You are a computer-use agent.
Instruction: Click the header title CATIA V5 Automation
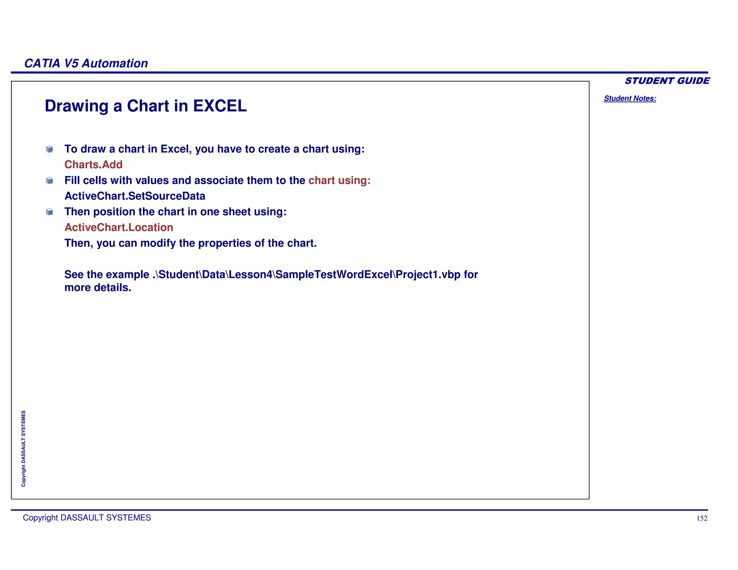tap(86, 63)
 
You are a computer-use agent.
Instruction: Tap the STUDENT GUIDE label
tap(667, 81)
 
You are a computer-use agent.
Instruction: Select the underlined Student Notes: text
tap(630, 98)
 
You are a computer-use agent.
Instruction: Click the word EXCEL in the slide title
tap(220, 106)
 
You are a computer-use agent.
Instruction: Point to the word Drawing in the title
tap(76, 106)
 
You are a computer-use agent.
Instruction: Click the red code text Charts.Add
tap(93, 165)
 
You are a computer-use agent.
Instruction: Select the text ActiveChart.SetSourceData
tap(135, 196)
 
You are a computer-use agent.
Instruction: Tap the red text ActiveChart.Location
tap(119, 227)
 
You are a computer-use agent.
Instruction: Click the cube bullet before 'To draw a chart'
tap(50, 149)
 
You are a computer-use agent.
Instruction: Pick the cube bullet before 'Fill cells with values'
tap(50, 181)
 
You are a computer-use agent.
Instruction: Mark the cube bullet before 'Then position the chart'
tap(50, 212)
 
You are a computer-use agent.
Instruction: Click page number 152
tap(702, 518)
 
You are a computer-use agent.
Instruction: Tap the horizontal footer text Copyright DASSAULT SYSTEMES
tap(87, 518)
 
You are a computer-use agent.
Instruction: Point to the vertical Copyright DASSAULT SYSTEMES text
tap(23, 449)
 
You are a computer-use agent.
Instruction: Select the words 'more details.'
tap(98, 288)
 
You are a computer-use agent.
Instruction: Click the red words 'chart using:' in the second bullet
tap(339, 181)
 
